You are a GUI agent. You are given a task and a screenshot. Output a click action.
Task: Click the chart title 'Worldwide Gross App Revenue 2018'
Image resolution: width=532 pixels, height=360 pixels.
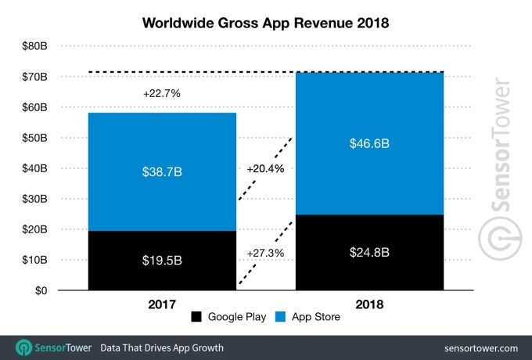point(265,23)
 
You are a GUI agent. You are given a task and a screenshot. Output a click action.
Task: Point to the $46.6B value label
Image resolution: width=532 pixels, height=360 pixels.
point(368,144)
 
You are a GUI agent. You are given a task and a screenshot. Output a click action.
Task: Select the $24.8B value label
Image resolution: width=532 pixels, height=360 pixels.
point(368,253)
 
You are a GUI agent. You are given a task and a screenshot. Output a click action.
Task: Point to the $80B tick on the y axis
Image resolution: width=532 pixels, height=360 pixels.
point(34,46)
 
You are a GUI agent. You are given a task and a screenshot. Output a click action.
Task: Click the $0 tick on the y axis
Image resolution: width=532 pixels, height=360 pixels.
point(39,290)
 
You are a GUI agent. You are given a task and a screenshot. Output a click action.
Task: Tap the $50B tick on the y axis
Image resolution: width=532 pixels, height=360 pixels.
point(34,138)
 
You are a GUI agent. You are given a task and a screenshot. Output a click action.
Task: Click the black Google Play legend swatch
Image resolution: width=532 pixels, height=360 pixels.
point(196,317)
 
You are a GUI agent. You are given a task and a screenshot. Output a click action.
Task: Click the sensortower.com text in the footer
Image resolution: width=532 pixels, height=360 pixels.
point(479,347)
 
